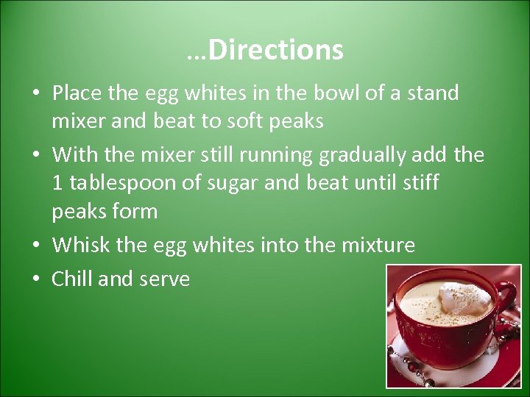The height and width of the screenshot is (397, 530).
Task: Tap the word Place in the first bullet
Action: (77, 93)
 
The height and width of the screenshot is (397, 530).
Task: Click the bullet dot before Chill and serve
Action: (36, 279)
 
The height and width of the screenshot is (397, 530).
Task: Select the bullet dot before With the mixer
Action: (36, 156)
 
